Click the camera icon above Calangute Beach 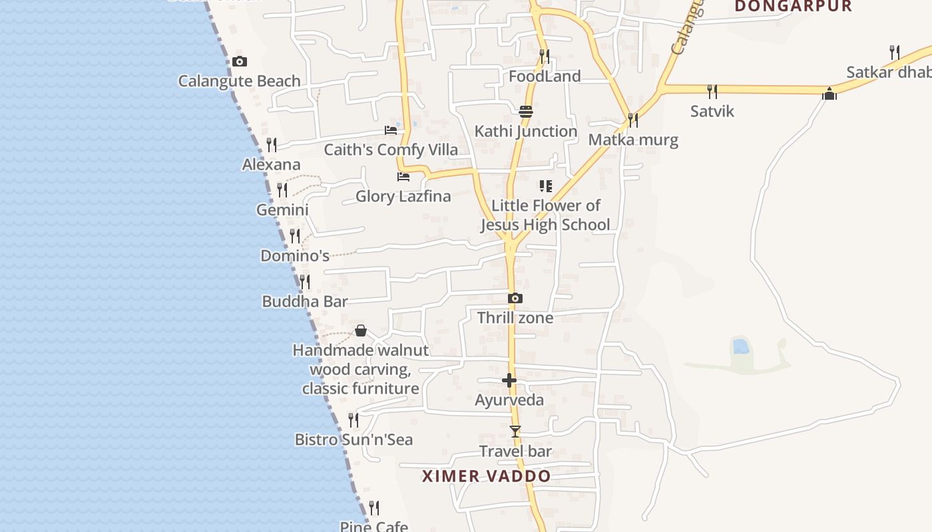pos(240,62)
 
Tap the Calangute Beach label pos(239,81)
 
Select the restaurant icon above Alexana pos(272,144)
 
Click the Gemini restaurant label pos(282,210)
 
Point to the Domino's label pos(295,255)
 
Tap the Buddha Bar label pos(305,301)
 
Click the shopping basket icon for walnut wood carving pos(361,331)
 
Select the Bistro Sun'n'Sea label pos(353,440)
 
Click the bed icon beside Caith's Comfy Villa pos(391,130)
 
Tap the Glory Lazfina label pos(403,196)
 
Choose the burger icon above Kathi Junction pos(526,111)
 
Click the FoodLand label pos(545,76)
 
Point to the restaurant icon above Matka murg pos(633,120)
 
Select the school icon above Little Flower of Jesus pos(545,186)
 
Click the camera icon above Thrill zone pos(515,299)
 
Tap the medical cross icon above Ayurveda pos(509,380)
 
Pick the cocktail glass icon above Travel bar pos(515,432)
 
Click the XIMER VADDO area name pos(487,476)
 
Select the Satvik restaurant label pos(712,111)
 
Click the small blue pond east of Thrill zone pos(740,346)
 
